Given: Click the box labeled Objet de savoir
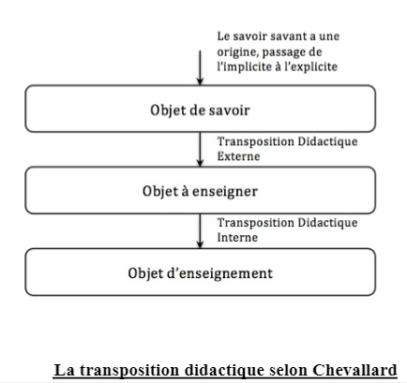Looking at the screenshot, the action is pos(200,109).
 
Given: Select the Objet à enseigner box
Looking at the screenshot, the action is pos(200,190).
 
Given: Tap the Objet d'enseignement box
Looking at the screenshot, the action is pos(200,272).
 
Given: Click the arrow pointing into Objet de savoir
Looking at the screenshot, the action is pos(200,67).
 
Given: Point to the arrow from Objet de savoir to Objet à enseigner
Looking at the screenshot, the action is pos(200,150).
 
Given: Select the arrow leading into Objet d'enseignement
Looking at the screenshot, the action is pos(200,231).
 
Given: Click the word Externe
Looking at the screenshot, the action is pos(238,156).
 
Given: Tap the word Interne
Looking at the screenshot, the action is pos(237,238).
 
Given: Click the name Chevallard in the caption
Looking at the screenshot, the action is pos(354,370).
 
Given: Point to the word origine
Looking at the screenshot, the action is pos(237,52).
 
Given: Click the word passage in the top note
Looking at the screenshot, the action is pos(283,52).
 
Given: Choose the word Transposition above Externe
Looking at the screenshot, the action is pos(255,141).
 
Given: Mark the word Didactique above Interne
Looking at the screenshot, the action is pos(327,223).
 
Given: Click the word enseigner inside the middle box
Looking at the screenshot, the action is pos(225,191).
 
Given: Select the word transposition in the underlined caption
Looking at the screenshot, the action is pos(129,371).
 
